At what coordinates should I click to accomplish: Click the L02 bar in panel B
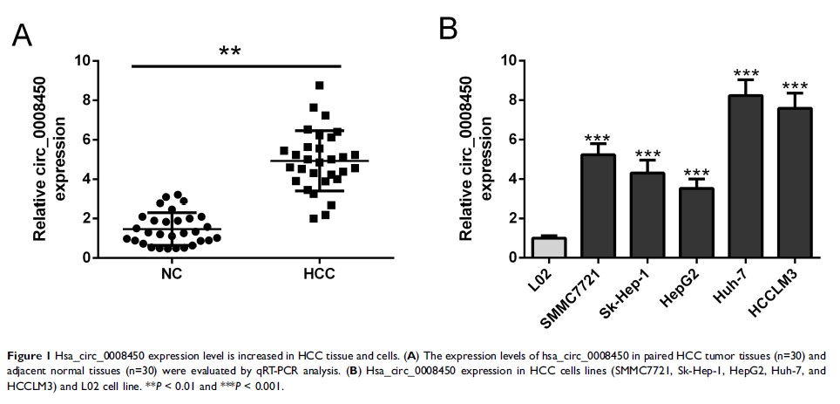(x=549, y=248)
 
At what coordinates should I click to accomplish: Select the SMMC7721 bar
(x=598, y=206)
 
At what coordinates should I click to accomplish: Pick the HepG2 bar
(x=696, y=223)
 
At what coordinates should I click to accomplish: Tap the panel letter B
(x=448, y=29)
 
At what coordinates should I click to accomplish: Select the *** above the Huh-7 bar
(x=746, y=75)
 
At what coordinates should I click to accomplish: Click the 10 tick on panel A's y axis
(x=81, y=61)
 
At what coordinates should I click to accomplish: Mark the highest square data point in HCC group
(x=320, y=86)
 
